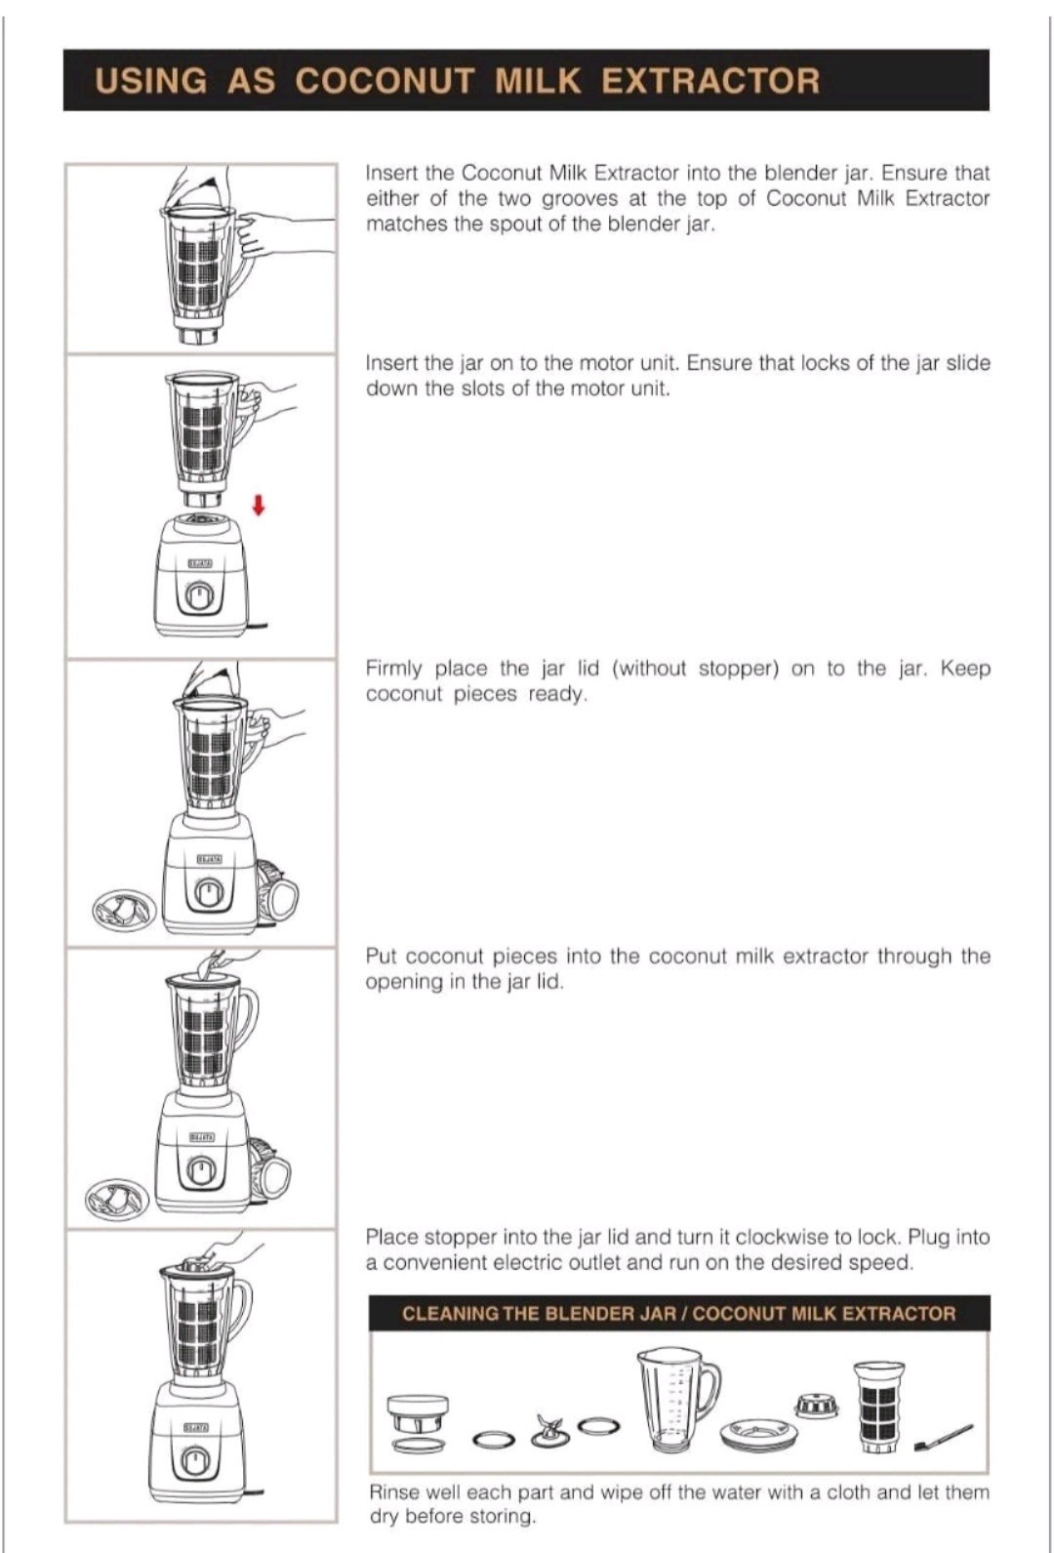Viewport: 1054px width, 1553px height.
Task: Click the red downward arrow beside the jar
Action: [x=259, y=506]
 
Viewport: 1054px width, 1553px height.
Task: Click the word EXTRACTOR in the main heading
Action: [x=710, y=80]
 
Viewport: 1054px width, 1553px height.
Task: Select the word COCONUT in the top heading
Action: [x=385, y=80]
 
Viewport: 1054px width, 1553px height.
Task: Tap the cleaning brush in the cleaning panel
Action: [x=943, y=1436]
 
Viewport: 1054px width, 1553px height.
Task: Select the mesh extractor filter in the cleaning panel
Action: [x=878, y=1408]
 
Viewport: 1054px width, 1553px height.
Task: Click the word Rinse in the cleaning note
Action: [x=395, y=1492]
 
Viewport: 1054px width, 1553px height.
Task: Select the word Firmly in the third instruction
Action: [x=394, y=670]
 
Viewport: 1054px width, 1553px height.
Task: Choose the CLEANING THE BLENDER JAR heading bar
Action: [x=679, y=1313]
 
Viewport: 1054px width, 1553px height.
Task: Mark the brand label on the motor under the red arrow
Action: [x=201, y=566]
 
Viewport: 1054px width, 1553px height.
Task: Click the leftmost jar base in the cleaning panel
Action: [x=419, y=1424]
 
